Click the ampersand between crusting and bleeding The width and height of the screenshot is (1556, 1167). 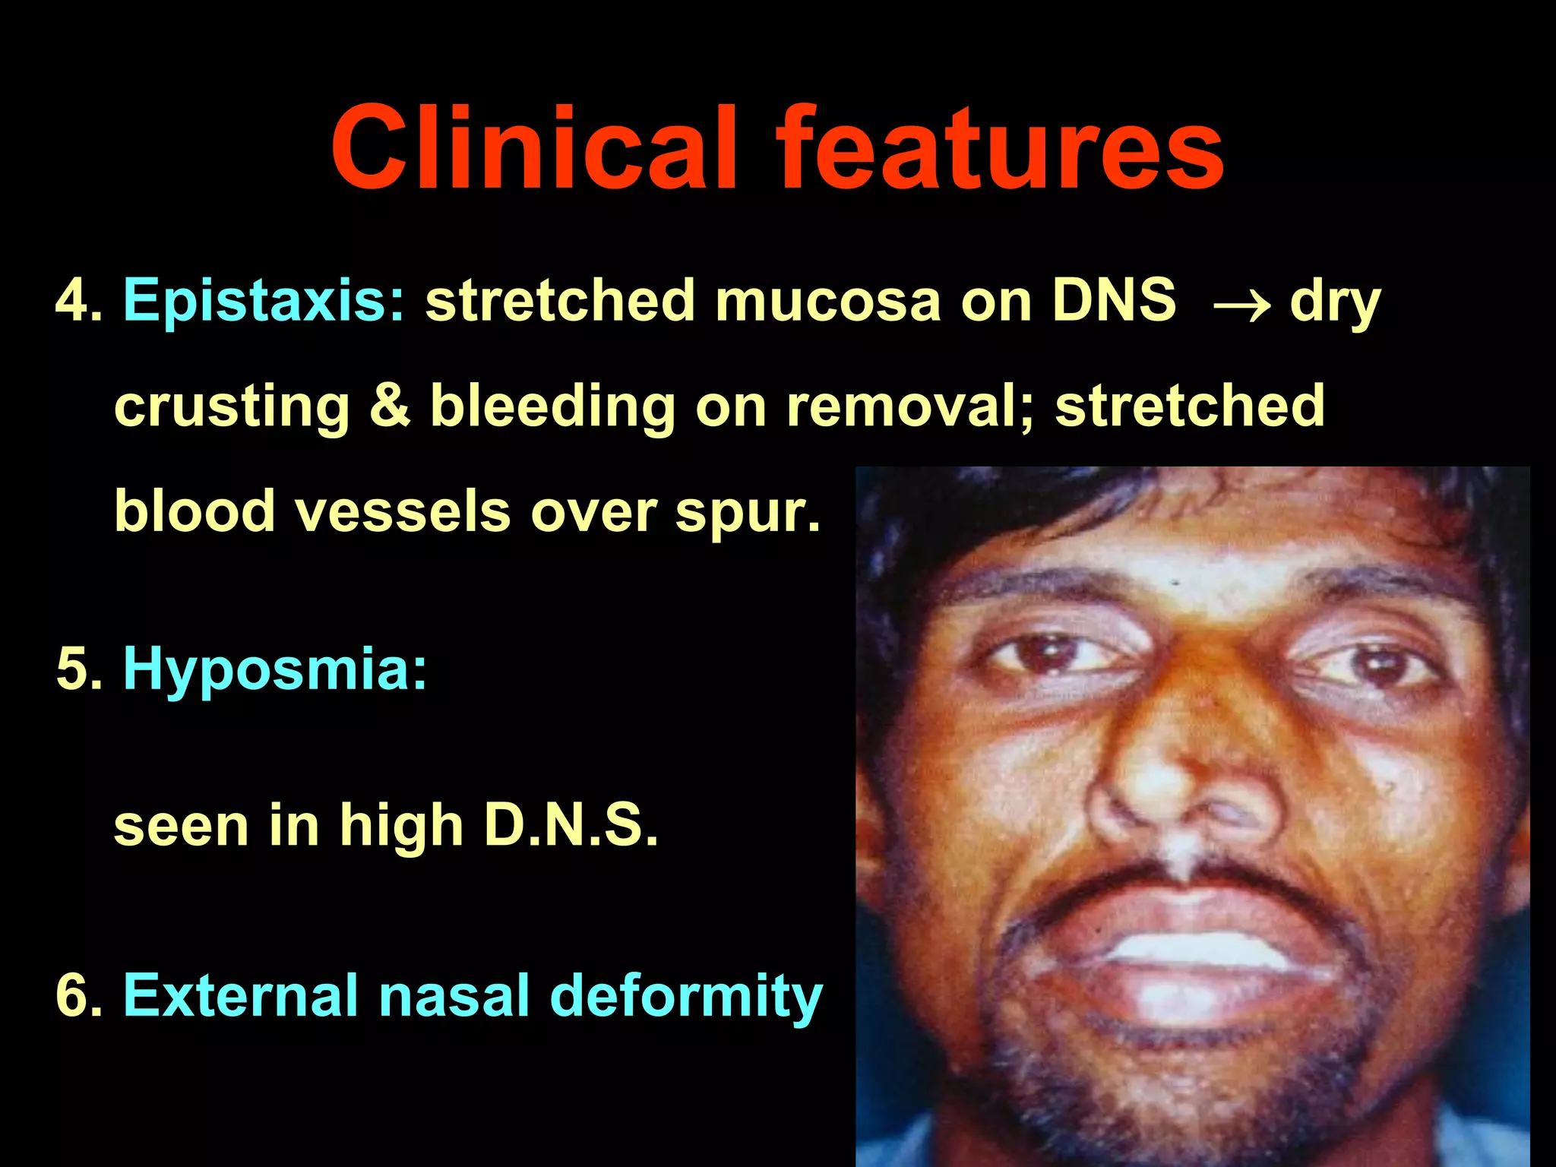[390, 406]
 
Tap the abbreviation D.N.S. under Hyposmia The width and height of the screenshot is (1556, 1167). [571, 825]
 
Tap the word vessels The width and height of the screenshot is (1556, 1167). [403, 511]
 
